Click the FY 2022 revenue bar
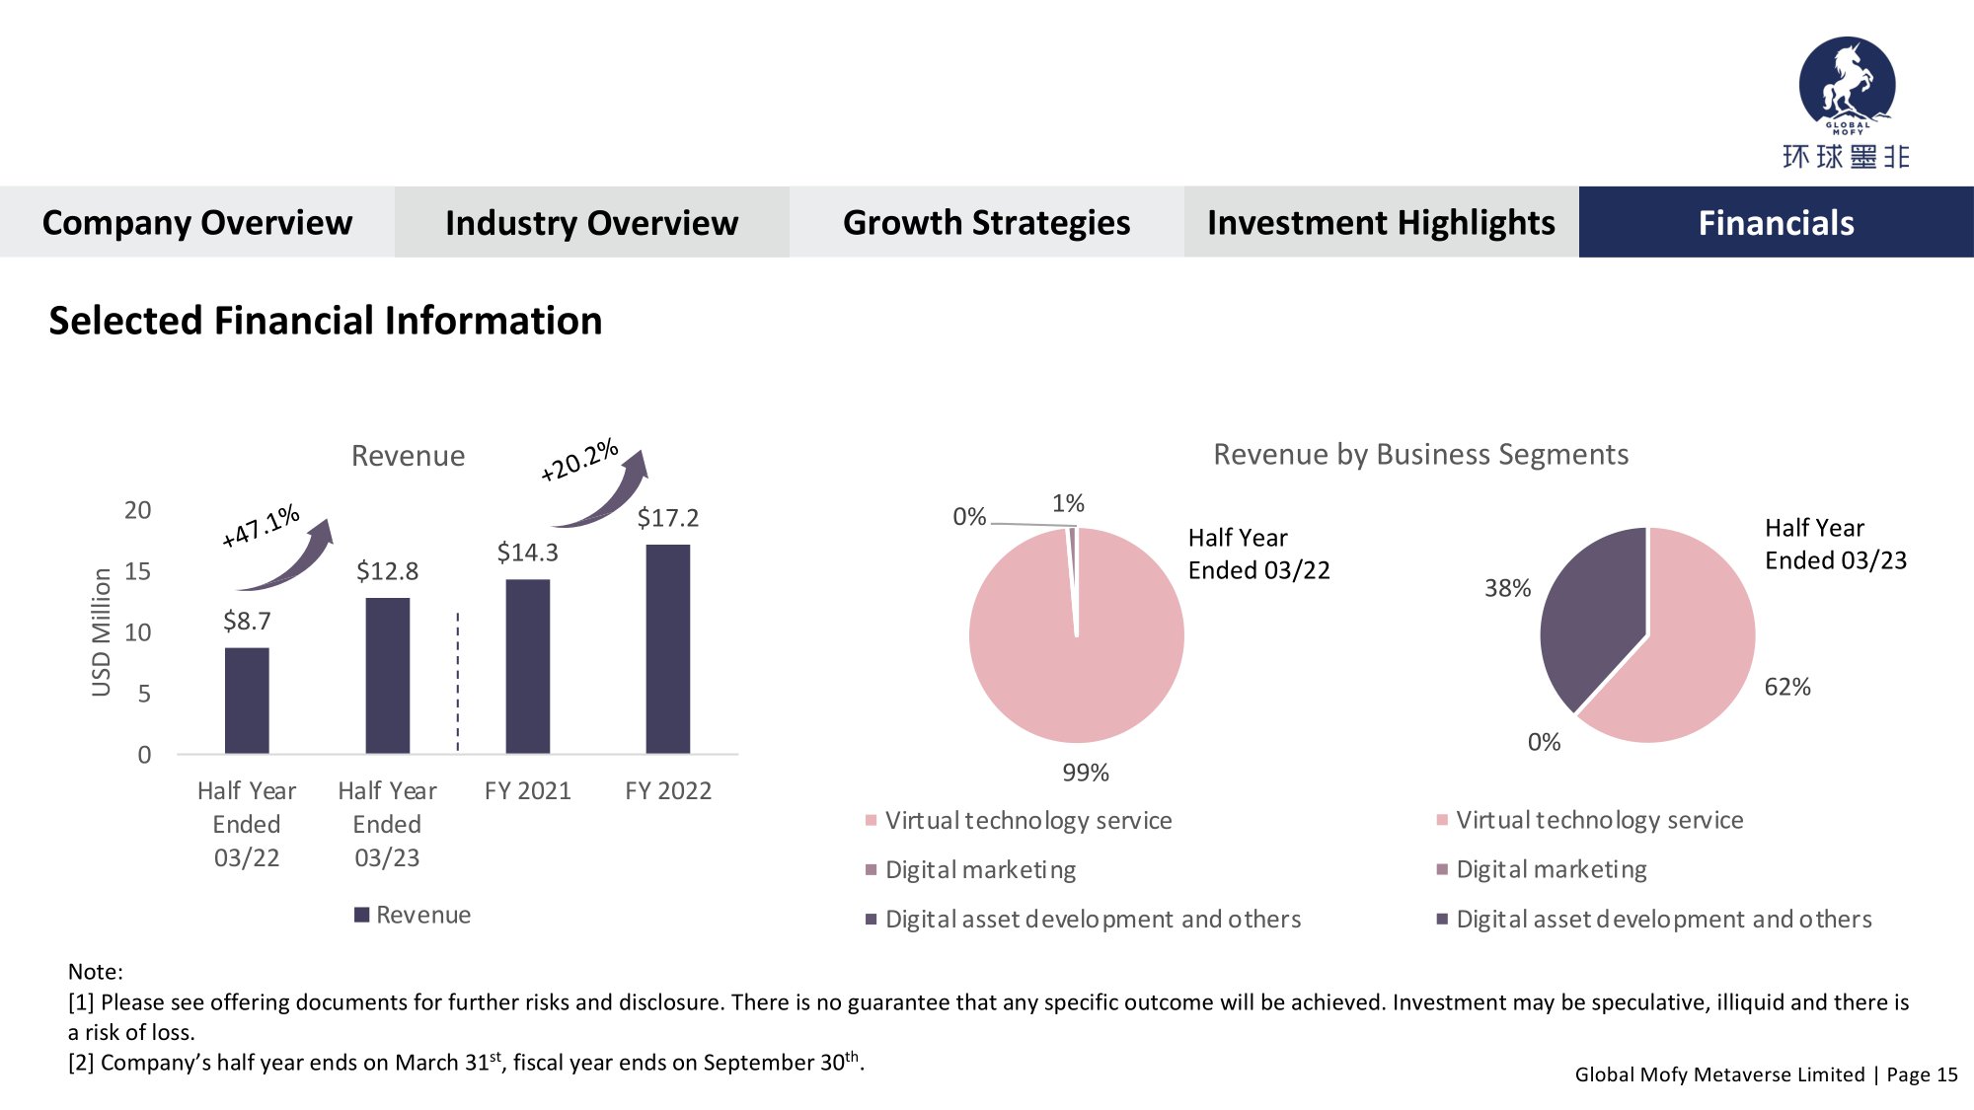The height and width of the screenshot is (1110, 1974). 668,649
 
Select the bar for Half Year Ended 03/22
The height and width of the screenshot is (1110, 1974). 247,701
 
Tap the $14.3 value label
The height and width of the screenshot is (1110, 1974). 528,553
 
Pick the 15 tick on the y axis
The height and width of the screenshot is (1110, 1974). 138,571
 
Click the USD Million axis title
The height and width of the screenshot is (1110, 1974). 101,631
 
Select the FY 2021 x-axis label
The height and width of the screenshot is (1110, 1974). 528,790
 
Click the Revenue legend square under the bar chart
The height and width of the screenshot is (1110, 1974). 362,915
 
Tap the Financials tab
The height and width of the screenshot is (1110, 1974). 1776,222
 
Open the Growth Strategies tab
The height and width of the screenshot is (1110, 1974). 986,222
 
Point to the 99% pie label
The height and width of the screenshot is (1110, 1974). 1086,773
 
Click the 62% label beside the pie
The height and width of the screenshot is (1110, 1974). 1787,687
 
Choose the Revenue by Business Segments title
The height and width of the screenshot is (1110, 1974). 1420,454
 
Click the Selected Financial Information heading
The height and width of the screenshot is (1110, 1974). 326,321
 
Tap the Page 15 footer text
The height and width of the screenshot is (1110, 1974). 1922,1074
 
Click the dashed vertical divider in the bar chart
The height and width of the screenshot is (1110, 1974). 458,681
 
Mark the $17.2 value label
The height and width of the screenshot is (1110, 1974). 668,518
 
